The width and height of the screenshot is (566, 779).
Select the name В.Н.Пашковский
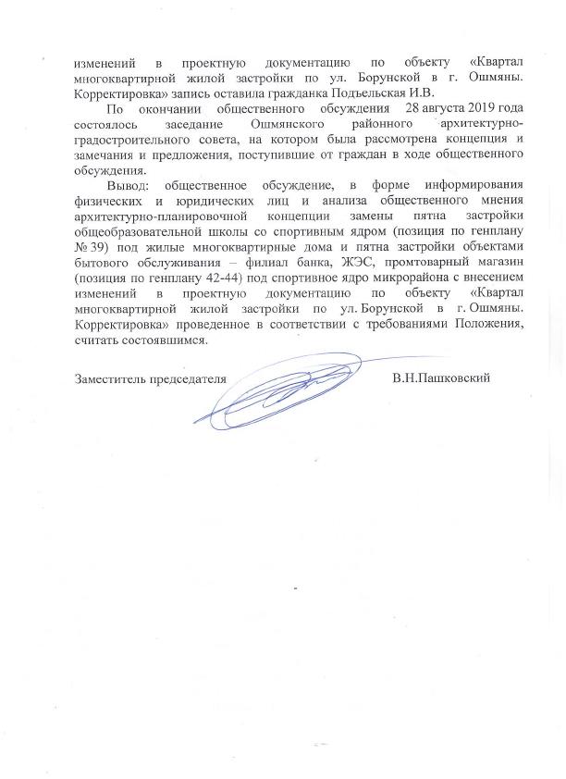coord(440,377)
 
